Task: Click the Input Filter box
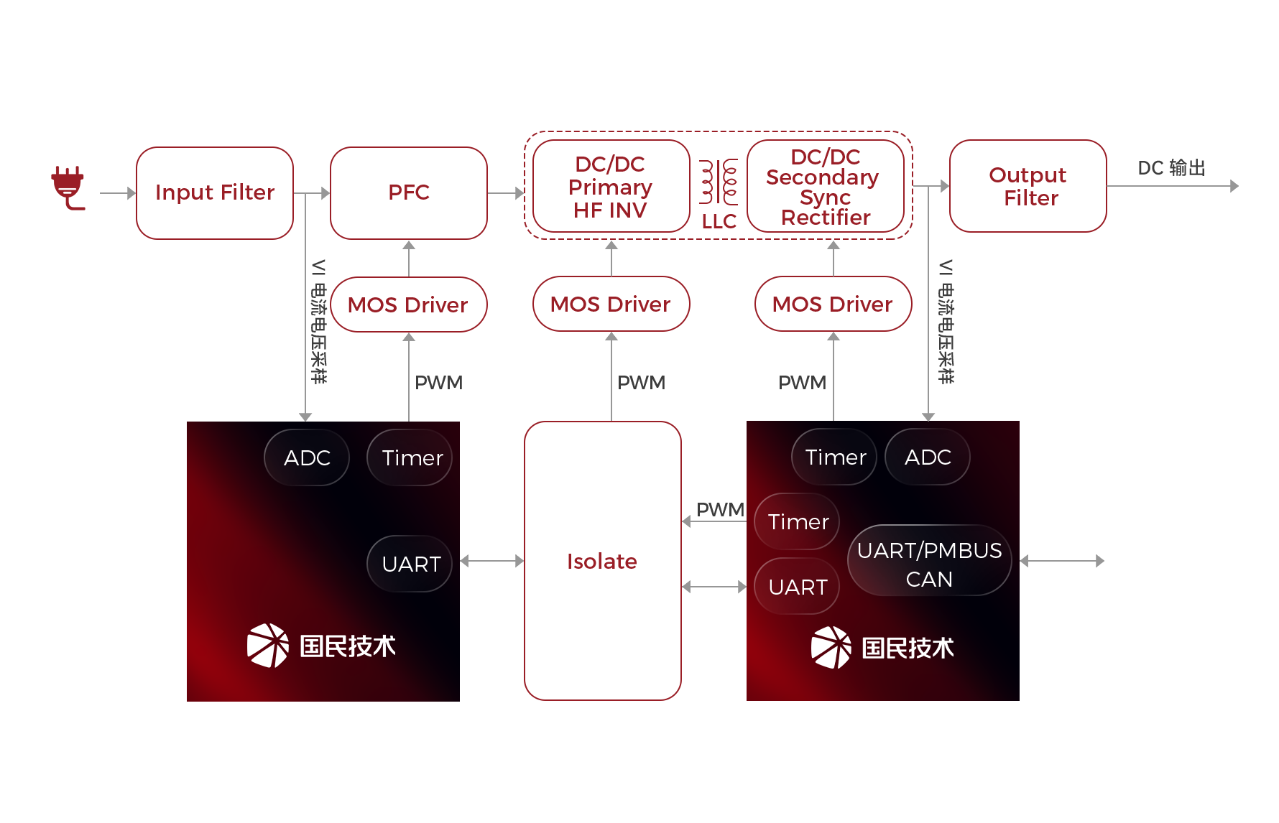(215, 192)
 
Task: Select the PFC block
(408, 192)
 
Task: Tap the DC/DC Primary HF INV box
(610, 187)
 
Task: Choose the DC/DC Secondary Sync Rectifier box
(825, 187)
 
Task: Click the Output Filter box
(1028, 186)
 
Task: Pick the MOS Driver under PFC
(408, 304)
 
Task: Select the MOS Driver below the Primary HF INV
(611, 304)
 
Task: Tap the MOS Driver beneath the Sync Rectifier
(833, 304)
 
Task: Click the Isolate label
(602, 561)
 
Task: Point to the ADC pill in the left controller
(307, 457)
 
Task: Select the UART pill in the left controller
(410, 564)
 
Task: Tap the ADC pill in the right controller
(928, 457)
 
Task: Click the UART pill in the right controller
(797, 587)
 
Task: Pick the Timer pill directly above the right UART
(797, 521)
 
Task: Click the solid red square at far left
(68, 188)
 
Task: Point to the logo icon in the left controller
(268, 645)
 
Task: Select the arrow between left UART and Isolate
(492, 561)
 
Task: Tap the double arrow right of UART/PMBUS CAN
(1062, 561)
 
